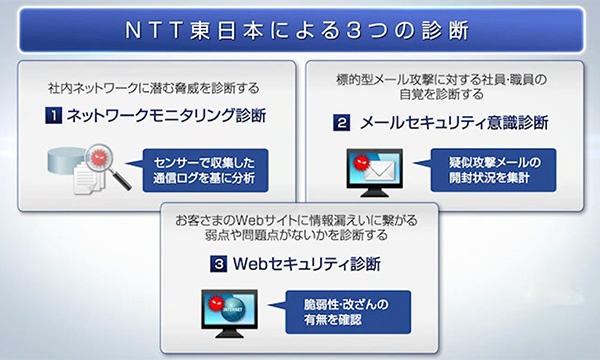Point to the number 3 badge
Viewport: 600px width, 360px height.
[216, 265]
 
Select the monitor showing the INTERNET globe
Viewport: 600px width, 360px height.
[231, 309]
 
